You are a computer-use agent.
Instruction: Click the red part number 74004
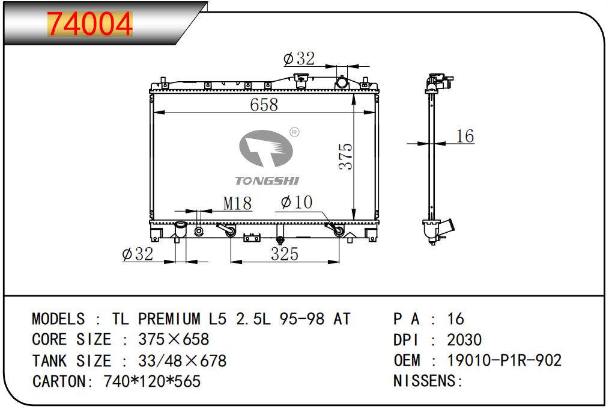(89, 24)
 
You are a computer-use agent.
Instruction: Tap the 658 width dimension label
(264, 105)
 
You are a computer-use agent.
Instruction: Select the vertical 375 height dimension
(345, 156)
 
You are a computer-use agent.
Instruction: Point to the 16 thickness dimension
(465, 136)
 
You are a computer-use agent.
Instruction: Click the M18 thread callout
(237, 203)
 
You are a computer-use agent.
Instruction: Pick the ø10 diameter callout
(297, 202)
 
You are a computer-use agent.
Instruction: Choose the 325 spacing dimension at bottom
(285, 254)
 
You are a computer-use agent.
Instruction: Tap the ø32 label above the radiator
(299, 59)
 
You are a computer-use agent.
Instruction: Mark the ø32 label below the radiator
(138, 254)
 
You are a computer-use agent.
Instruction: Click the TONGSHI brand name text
(267, 181)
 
